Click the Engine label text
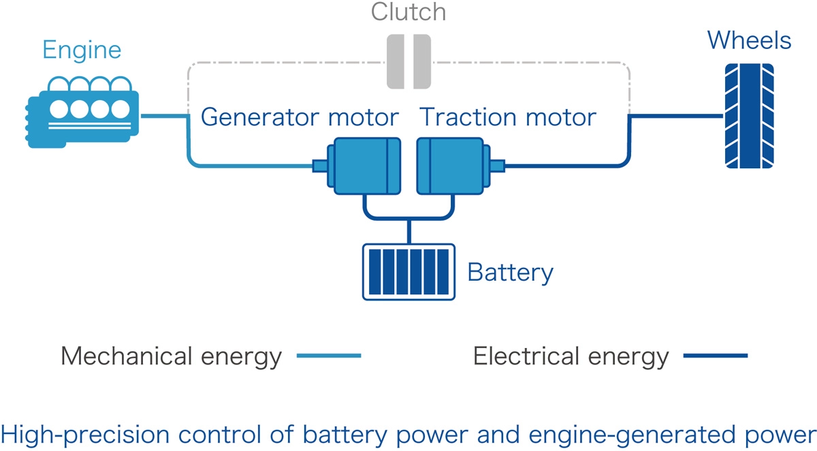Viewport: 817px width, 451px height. click(x=82, y=50)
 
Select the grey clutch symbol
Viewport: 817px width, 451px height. click(x=408, y=63)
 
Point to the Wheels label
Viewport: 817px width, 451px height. click(x=749, y=40)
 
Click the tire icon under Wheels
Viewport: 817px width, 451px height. click(x=749, y=115)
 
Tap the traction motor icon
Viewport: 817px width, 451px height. click(x=453, y=165)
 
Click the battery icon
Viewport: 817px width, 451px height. click(x=408, y=271)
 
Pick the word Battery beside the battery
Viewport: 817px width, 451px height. click(x=510, y=273)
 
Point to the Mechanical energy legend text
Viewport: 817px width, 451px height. click(x=171, y=356)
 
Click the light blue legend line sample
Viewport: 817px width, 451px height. click(x=329, y=356)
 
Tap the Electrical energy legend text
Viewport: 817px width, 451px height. click(x=571, y=356)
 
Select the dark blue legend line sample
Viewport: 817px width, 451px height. click(x=715, y=356)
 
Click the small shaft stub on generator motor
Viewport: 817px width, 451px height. click(x=319, y=166)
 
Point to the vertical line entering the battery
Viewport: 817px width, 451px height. click(x=408, y=232)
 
